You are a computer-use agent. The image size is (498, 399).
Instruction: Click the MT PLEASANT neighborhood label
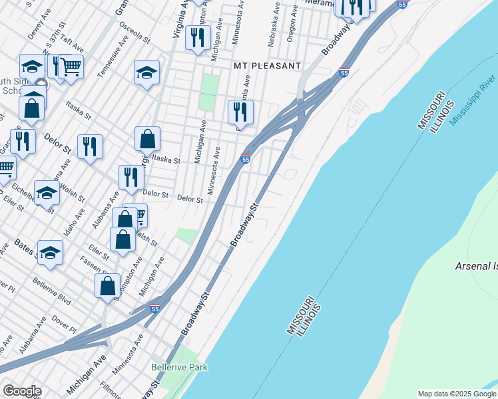point(266,66)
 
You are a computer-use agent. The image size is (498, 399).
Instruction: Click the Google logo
point(22,391)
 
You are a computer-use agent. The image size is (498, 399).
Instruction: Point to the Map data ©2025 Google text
point(457,394)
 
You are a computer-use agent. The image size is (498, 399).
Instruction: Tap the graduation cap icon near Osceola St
point(147,73)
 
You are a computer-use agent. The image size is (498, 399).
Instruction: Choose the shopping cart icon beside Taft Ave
point(71,66)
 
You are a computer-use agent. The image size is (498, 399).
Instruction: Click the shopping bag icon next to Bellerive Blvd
point(107,287)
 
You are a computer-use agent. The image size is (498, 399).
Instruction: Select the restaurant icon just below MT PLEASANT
point(240,112)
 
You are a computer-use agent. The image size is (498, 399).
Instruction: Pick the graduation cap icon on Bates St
point(50,253)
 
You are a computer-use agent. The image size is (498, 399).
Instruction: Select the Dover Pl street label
point(64,323)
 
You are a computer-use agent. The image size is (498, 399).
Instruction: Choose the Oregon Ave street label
point(290,30)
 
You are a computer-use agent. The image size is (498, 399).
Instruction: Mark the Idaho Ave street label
point(75,223)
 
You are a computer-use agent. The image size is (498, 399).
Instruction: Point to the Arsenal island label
point(475,266)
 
